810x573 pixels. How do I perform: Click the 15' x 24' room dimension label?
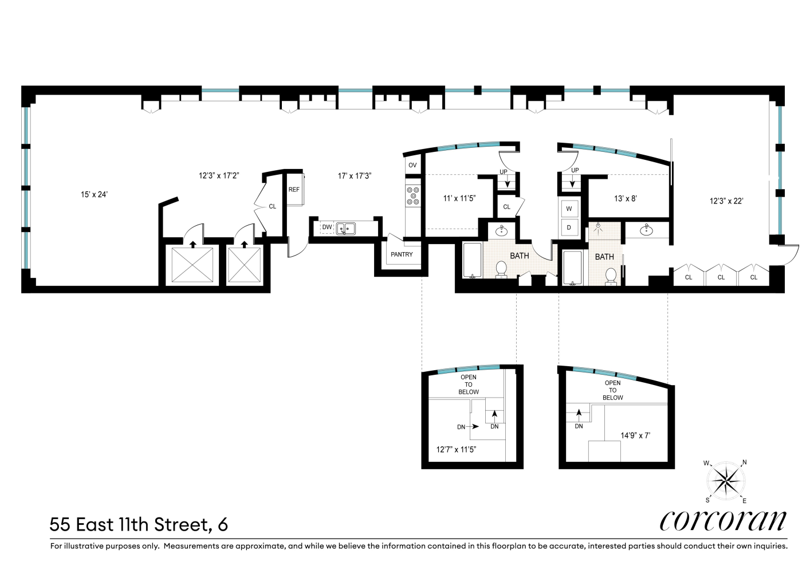click(95, 194)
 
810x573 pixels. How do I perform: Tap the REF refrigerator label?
click(294, 190)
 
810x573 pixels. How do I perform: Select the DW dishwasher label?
click(327, 228)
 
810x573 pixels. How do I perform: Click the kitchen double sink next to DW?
click(346, 229)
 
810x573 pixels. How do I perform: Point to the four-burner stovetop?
click(412, 195)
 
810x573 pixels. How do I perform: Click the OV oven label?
click(412, 166)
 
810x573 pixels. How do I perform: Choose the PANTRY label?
click(402, 254)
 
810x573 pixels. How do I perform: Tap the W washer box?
click(569, 209)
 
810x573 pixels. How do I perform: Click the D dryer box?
click(569, 227)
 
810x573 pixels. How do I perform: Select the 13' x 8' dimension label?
click(625, 199)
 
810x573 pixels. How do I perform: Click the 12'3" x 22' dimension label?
click(726, 201)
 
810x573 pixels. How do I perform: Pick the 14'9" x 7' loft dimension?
click(635, 435)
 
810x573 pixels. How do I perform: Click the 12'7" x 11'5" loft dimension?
click(457, 450)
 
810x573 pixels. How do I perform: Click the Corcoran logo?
click(724, 520)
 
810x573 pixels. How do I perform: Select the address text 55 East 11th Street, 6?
click(139, 524)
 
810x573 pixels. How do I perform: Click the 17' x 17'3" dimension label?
click(355, 176)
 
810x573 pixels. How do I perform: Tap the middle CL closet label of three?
click(721, 277)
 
